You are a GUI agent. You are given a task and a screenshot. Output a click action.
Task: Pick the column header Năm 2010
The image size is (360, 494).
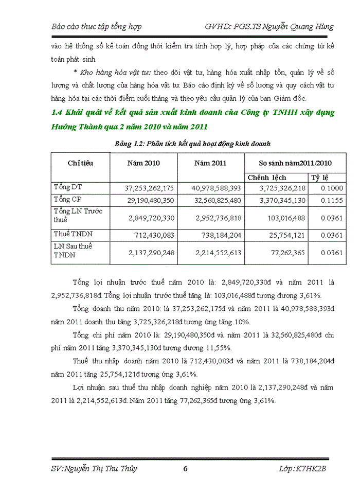pos(143,163)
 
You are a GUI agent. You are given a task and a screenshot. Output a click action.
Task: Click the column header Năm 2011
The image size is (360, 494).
pos(210,163)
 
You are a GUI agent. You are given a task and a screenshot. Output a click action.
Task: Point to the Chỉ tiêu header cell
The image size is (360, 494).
pos(81,163)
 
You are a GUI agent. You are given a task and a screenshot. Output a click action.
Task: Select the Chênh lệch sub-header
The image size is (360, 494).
pos(267,178)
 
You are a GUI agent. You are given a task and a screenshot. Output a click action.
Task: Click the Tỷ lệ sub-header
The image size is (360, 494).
pos(320,178)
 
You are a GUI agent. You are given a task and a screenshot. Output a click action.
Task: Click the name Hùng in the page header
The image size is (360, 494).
pos(322,26)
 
